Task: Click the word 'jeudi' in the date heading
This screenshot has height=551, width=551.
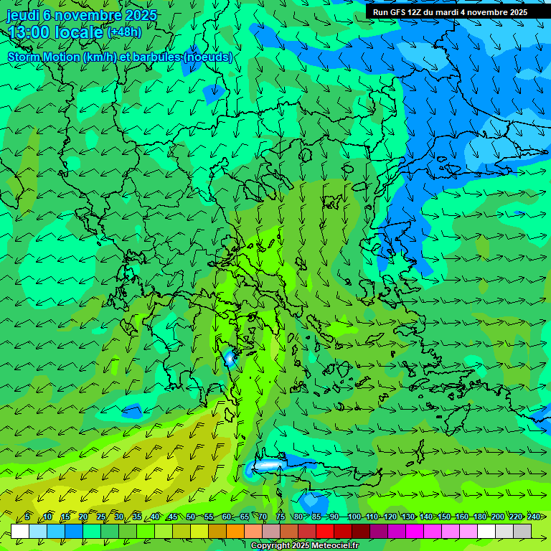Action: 23,14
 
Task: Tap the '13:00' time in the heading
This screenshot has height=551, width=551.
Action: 29,32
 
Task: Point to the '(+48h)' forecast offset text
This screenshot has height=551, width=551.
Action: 124,32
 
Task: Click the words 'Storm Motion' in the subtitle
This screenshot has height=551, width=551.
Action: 43,57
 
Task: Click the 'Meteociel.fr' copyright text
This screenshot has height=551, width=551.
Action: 329,546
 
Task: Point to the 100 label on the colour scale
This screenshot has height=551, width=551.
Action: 354,517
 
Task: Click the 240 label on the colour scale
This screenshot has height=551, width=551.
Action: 533,517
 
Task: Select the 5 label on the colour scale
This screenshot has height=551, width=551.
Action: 27,517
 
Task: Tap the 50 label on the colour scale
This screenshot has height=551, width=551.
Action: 191,517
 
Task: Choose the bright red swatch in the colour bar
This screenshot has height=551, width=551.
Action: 325,531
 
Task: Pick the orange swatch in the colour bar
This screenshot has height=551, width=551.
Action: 235,531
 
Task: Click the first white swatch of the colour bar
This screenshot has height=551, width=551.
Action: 20,531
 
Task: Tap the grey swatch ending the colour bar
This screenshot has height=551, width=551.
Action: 522,531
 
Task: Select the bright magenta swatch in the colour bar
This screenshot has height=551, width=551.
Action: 415,531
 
